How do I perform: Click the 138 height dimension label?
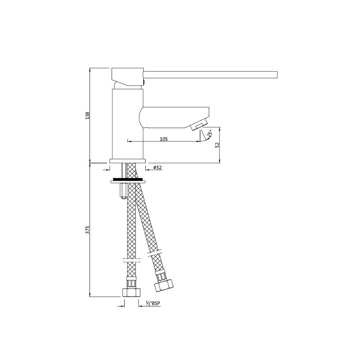point(87,116)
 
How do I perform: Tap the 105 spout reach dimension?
point(164,139)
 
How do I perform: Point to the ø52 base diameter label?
point(157,167)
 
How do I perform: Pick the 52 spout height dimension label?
point(217,145)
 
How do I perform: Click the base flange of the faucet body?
point(128,161)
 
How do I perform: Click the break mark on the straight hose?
point(130,260)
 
